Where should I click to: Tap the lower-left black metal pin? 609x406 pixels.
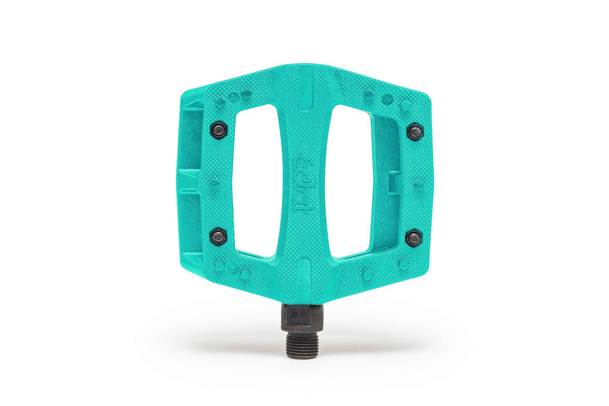pyautogui.click(x=218, y=234)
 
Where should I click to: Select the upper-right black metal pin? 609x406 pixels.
pyautogui.click(x=414, y=132)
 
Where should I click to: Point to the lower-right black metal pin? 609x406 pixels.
pyautogui.click(x=413, y=238)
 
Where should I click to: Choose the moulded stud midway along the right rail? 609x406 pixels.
pyautogui.click(x=418, y=184)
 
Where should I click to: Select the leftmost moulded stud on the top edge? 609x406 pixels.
pyautogui.click(x=220, y=100)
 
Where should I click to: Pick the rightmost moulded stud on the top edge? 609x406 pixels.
pyautogui.click(x=404, y=105)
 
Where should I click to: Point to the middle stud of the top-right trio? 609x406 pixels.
pyautogui.click(x=387, y=99)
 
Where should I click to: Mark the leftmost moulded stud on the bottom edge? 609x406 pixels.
pyautogui.click(x=218, y=265)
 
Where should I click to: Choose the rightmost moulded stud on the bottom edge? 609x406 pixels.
pyautogui.click(x=402, y=265)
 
